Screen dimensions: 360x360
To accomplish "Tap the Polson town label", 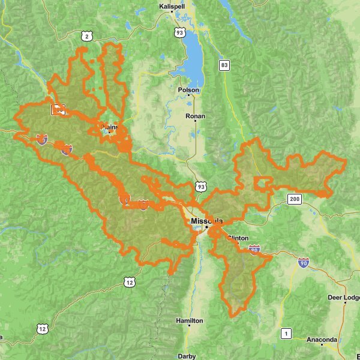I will (x=188, y=90).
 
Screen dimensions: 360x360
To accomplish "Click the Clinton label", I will (x=238, y=238).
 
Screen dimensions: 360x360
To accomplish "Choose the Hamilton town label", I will (x=190, y=321).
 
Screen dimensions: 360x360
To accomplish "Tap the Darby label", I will (x=187, y=356).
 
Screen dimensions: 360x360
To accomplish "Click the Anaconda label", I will (x=322, y=340).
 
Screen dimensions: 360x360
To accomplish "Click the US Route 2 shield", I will (x=86, y=37).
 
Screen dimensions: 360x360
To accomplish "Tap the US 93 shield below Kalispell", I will (x=179, y=32).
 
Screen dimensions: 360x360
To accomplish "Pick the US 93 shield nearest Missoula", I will (x=200, y=187).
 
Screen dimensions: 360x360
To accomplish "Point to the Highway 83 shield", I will (x=224, y=65).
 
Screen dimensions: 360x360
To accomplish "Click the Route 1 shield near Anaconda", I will (x=287, y=333).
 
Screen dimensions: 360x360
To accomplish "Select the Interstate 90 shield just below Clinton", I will (x=254, y=249).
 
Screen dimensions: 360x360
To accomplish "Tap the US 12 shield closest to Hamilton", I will (x=129, y=281).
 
